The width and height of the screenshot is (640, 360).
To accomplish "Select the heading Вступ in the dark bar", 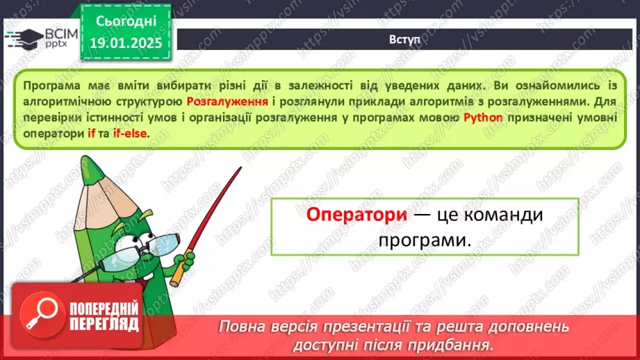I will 404,39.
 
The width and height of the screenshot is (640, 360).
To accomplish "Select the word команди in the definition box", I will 502,215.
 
